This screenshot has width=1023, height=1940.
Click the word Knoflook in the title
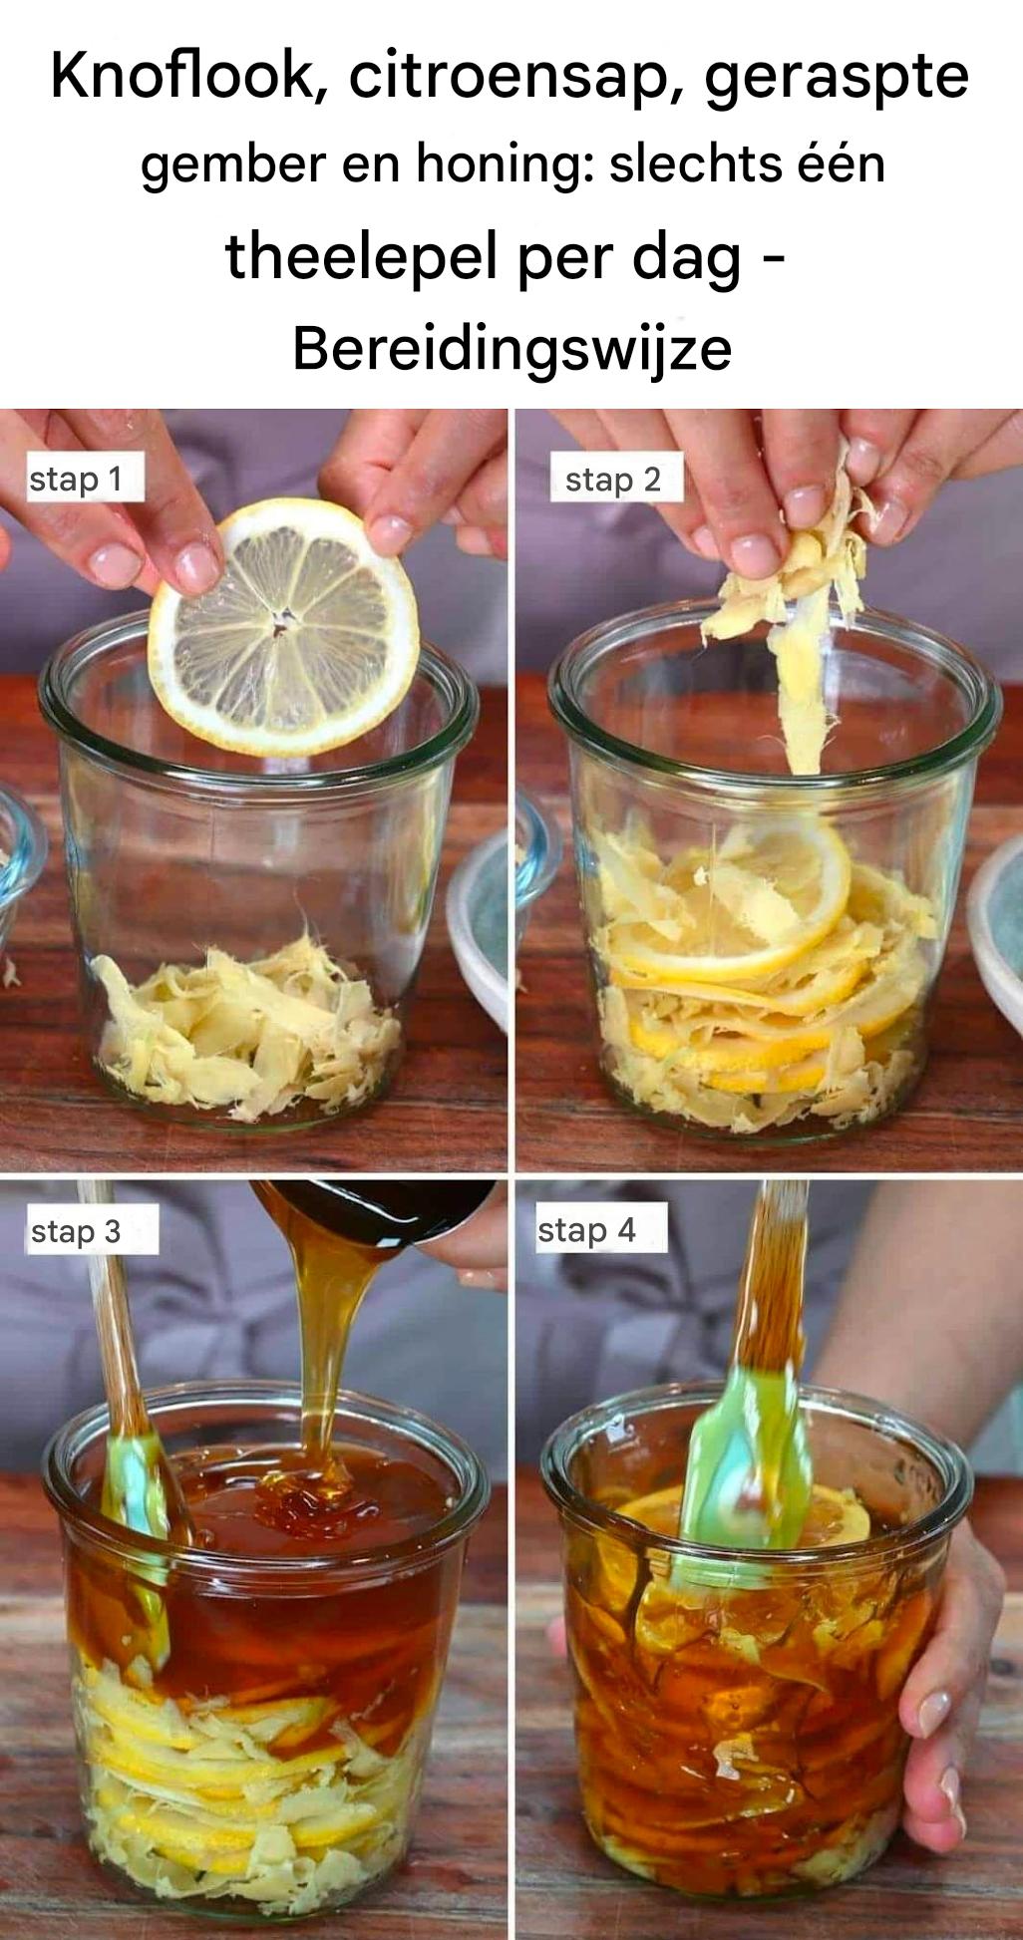click(182, 76)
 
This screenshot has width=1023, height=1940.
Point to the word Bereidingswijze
click(512, 350)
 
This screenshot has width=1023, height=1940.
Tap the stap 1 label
click(76, 480)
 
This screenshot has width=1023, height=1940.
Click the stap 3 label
click(76, 1231)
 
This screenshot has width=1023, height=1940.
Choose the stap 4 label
click(586, 1230)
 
